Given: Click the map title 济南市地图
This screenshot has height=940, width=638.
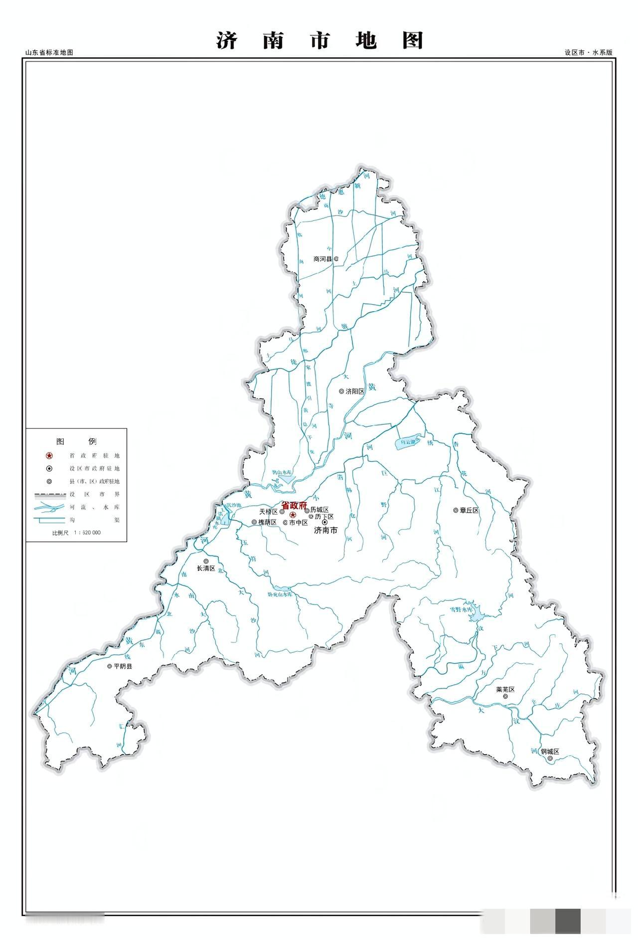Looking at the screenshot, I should [319, 40].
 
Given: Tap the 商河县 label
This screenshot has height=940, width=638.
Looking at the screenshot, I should [322, 259].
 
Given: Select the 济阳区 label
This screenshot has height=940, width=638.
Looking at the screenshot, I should [355, 391].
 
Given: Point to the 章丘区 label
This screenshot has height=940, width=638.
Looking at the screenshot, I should [469, 510].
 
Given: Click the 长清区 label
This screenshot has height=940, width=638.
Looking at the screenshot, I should [205, 568].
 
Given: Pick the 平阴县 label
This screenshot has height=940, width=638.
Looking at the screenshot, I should [123, 666].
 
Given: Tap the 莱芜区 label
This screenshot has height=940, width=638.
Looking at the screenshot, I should [504, 690].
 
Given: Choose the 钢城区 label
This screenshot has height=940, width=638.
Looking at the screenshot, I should [550, 752].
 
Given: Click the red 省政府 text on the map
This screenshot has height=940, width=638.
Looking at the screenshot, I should [294, 505].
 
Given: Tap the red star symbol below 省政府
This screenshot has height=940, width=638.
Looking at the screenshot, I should [293, 515].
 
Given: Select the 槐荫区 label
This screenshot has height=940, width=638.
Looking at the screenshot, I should [267, 522].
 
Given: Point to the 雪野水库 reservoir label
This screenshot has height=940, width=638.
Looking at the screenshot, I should [460, 610].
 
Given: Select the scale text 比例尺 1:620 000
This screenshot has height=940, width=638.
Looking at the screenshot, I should [76, 533].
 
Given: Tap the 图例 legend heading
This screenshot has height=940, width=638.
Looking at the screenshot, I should [76, 441].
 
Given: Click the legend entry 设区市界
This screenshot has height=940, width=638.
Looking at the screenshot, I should [95, 494].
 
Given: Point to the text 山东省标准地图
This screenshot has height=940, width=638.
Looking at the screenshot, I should [49, 52].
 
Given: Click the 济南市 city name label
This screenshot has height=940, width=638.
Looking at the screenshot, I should [325, 530].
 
